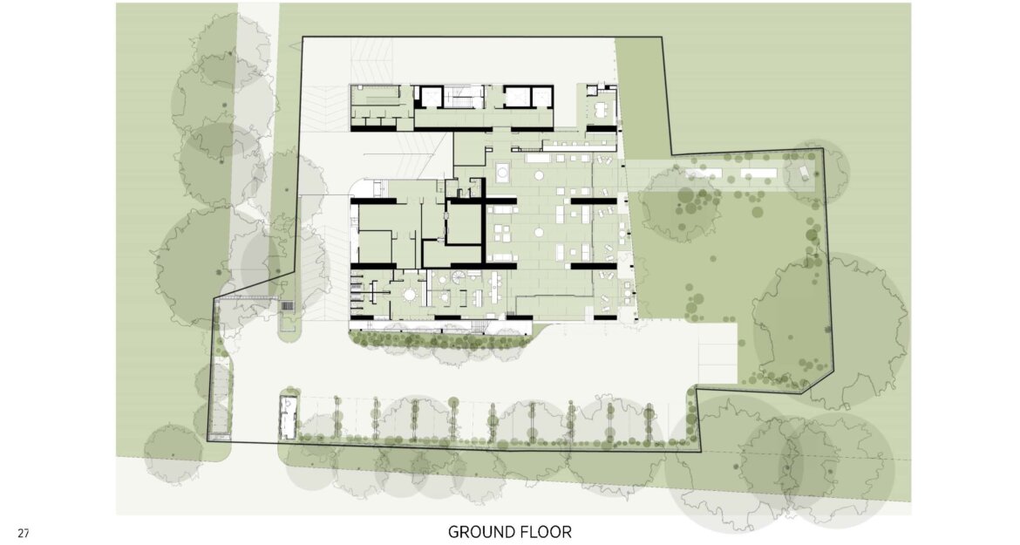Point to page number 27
(x=24, y=534)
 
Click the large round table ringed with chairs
(x=411, y=295)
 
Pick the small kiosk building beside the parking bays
(x=288, y=416)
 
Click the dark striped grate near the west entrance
(x=287, y=306)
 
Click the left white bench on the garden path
(x=704, y=173)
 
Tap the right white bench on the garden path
(x=758, y=173)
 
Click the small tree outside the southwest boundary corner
(x=173, y=453)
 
